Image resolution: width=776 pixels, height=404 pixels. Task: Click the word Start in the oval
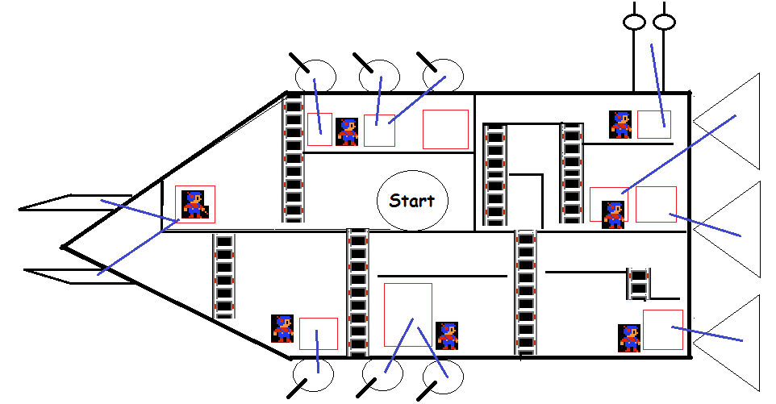tap(411, 201)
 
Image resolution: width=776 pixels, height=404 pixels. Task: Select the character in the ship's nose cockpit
tap(194, 205)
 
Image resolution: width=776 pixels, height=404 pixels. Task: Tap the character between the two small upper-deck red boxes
tap(348, 131)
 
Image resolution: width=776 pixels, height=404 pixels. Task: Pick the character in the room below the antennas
tap(621, 124)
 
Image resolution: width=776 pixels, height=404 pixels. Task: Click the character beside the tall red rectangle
tap(447, 335)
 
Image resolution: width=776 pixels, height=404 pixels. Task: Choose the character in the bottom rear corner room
tap(629, 338)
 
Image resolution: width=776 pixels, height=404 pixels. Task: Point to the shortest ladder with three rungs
tap(638, 284)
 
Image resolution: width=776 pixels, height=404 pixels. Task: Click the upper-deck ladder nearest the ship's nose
tap(293, 158)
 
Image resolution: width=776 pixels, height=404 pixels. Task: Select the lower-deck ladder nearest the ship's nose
tap(224, 274)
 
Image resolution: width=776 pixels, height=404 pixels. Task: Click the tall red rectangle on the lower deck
tap(407, 314)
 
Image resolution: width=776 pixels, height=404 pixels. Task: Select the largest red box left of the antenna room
tap(445, 129)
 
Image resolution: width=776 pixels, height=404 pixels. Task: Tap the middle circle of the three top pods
tap(378, 77)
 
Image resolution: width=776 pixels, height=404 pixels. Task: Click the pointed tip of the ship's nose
tap(63, 246)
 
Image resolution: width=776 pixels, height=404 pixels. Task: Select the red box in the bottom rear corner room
tap(663, 330)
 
